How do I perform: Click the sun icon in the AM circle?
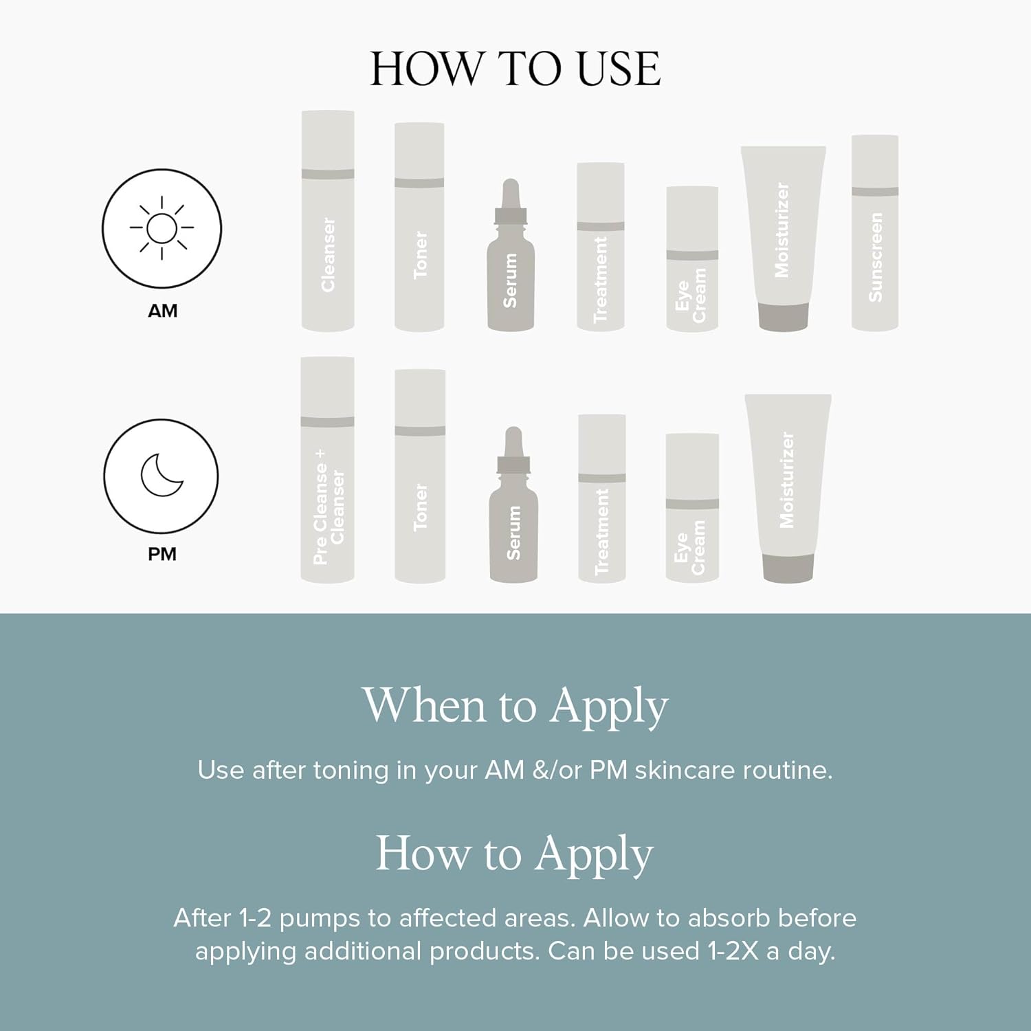(x=162, y=228)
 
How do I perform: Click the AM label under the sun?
(x=162, y=311)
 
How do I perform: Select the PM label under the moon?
(x=162, y=554)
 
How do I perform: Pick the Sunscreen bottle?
(x=875, y=233)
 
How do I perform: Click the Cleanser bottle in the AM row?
(x=328, y=221)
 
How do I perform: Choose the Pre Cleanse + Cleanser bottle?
(x=328, y=470)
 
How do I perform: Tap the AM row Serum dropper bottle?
(x=510, y=255)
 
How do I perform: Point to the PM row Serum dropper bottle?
(x=513, y=505)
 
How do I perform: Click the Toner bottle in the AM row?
(x=419, y=228)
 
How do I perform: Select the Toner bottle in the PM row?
(x=420, y=476)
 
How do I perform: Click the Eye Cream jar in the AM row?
(x=692, y=259)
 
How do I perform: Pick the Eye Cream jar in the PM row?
(x=692, y=508)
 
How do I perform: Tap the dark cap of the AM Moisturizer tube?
(x=783, y=318)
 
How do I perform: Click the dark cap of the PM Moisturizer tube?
(x=788, y=568)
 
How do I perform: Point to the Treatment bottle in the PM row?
(x=602, y=498)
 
